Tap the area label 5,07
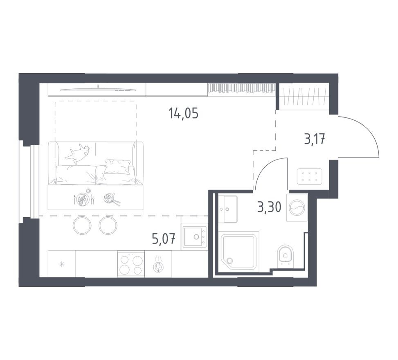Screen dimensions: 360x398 [x=163, y=239]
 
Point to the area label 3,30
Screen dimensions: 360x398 [x=269, y=208]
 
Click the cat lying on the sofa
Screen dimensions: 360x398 [x=78, y=153]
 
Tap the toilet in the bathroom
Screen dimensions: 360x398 [x=285, y=254]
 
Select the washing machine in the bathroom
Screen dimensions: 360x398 [x=297, y=208]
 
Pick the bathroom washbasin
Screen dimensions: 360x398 [x=227, y=209]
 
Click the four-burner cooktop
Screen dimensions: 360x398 [x=131, y=264]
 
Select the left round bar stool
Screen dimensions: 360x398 [x=82, y=225]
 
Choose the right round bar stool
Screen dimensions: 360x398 [x=108, y=225]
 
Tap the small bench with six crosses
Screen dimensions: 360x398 [x=309, y=176]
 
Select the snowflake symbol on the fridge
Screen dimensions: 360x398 [x=62, y=264]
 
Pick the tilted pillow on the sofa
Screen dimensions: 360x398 [x=117, y=166]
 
